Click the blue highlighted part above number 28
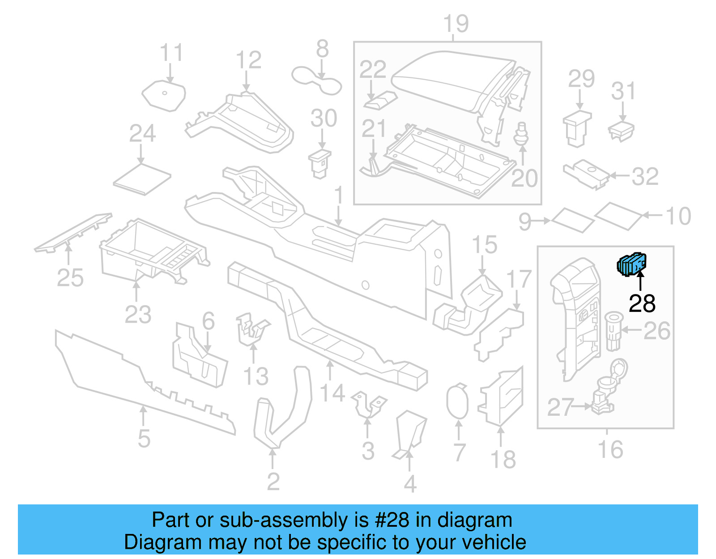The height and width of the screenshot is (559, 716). (631, 264)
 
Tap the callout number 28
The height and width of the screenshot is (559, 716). (642, 304)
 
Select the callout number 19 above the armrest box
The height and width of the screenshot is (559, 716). (456, 24)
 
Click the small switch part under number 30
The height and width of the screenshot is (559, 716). (320, 163)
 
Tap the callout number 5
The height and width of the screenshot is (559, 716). (144, 439)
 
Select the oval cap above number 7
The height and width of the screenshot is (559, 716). (457, 401)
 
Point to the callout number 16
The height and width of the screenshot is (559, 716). (610, 449)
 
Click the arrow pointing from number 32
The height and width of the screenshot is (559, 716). (620, 176)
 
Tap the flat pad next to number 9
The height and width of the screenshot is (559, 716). (573, 220)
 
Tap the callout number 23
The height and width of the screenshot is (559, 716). (138, 314)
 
